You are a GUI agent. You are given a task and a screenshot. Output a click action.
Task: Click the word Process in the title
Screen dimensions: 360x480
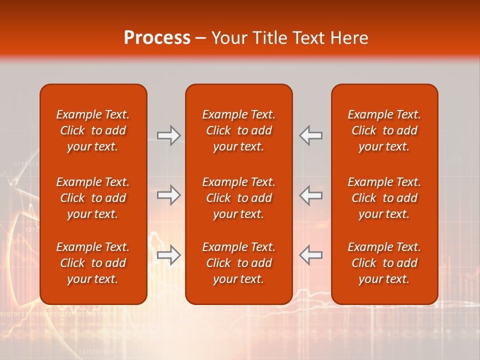click(157, 38)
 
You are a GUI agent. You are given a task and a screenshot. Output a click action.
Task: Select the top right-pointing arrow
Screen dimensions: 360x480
click(168, 135)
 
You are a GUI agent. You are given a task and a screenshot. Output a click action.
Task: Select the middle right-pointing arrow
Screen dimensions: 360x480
click(168, 195)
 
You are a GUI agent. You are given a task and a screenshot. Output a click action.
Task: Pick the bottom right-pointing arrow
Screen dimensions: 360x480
click(168, 254)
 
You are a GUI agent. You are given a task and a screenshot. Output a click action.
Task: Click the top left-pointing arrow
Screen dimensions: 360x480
click(311, 135)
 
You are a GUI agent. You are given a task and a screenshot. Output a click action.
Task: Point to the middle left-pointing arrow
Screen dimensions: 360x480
click(311, 195)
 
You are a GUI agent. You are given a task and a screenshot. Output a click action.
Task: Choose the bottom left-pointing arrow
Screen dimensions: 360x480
click(311, 254)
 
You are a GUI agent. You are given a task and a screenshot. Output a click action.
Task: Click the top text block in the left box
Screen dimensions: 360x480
click(93, 130)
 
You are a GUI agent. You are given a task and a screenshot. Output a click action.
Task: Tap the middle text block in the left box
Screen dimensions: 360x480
click(93, 198)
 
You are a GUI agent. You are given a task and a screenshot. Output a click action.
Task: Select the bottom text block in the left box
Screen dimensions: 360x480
click(93, 263)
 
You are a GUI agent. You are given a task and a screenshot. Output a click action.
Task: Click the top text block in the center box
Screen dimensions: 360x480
click(239, 130)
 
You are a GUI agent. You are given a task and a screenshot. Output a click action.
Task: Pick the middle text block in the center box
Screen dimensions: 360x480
click(239, 198)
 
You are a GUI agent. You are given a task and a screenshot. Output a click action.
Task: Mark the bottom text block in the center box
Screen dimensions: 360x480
click(239, 263)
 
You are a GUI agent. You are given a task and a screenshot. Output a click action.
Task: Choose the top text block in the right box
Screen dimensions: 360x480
click(384, 130)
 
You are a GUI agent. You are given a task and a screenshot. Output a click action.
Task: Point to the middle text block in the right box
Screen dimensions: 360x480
click(384, 198)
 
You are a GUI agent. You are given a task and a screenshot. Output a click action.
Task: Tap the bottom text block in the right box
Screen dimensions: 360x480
click(384, 263)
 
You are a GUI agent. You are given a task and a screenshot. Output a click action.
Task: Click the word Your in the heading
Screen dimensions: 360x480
click(228, 38)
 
